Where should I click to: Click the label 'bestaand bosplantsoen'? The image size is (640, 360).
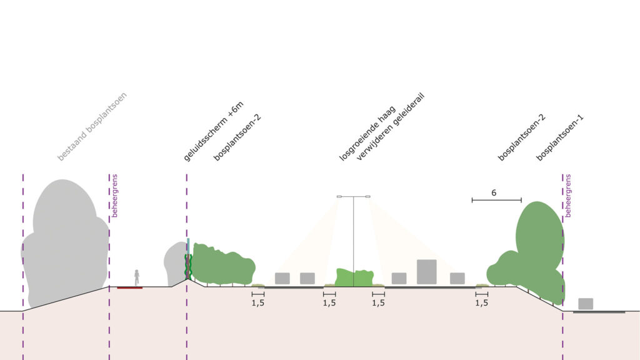(x=92, y=126)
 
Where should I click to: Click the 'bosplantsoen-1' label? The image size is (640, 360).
(x=560, y=137)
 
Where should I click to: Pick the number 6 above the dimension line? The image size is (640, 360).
(x=494, y=193)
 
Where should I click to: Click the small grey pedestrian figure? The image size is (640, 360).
(x=136, y=277)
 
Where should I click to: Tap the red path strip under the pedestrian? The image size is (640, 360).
(x=129, y=287)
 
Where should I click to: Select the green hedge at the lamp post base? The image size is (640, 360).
(x=354, y=278)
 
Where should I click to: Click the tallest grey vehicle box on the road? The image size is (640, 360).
(x=426, y=271)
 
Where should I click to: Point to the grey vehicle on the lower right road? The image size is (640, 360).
(x=586, y=304)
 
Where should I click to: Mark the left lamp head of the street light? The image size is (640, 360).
(x=339, y=197)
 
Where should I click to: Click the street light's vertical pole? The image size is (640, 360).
(x=354, y=237)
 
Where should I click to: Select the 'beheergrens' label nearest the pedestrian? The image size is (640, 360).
(x=115, y=196)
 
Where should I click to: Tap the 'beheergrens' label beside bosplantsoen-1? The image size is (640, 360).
(x=568, y=196)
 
